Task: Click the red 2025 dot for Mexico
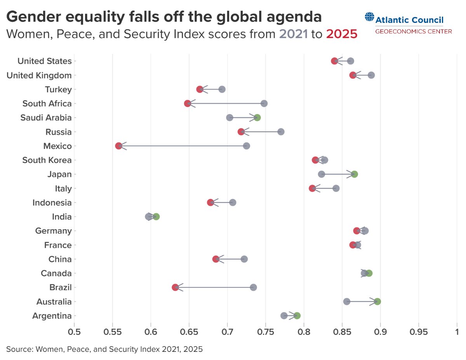[x=118, y=146]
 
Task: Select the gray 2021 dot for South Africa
[x=264, y=103]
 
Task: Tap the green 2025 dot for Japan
[x=354, y=174]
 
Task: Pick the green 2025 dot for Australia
[x=377, y=301]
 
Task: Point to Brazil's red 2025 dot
[x=175, y=287]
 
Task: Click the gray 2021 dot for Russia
[x=281, y=132]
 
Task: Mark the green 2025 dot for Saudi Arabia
[x=257, y=118]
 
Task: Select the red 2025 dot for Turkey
[x=200, y=89]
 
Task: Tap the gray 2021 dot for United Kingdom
[x=371, y=75]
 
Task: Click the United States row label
[x=45, y=61]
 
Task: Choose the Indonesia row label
[x=52, y=202]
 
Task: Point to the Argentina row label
[x=52, y=316]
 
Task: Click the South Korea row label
[x=47, y=160]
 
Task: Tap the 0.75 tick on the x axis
[x=266, y=332]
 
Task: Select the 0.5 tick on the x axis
[x=74, y=332]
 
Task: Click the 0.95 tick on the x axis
[x=419, y=332]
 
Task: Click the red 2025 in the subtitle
[x=341, y=34]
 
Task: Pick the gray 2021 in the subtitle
[x=293, y=34]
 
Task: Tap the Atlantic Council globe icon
[x=369, y=17]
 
